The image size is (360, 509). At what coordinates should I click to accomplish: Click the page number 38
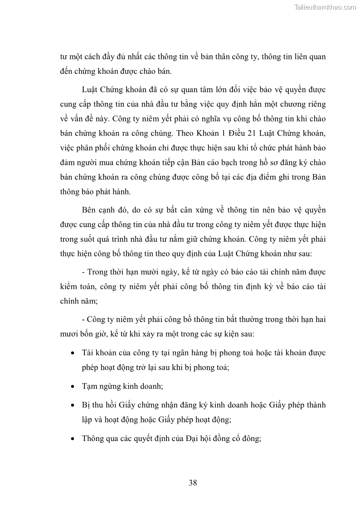click(x=193, y=483)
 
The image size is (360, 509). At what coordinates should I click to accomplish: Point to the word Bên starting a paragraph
click(x=90, y=210)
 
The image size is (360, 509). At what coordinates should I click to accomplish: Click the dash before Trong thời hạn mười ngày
click(x=83, y=272)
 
